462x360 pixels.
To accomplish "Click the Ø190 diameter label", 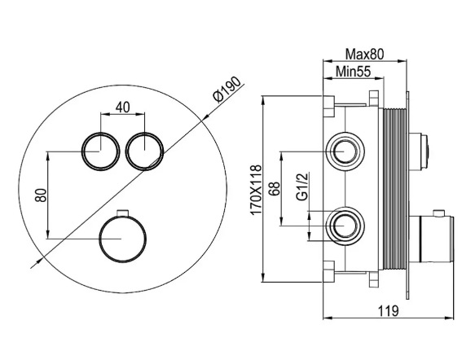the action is [x=227, y=90].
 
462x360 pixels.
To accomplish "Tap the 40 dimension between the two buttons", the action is [x=122, y=108].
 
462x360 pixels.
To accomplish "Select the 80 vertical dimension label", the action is [x=41, y=195].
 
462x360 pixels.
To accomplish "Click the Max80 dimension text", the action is [x=365, y=55].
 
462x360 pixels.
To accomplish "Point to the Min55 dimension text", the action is [x=354, y=72].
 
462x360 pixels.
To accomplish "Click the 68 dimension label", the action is [x=274, y=188].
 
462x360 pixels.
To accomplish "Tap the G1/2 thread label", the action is [x=302, y=187].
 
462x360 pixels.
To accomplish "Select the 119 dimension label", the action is [x=389, y=311].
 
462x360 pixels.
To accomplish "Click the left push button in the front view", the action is [x=101, y=151].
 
